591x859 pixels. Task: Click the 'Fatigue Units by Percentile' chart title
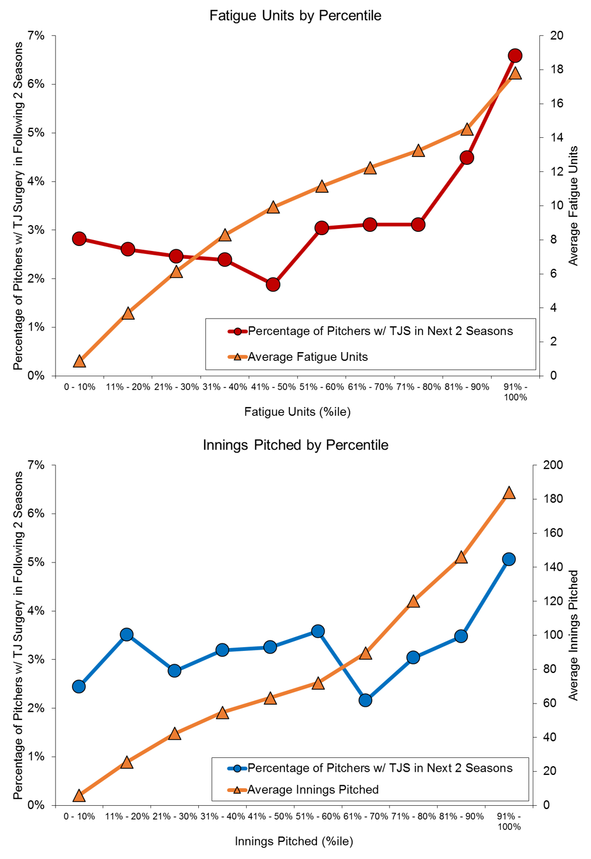tap(295, 15)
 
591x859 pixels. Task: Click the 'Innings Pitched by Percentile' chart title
tap(295, 445)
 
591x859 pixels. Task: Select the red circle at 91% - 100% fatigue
tap(515, 55)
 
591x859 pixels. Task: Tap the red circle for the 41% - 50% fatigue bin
tap(273, 285)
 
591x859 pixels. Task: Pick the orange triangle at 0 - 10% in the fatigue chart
tap(79, 361)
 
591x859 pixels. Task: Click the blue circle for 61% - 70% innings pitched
tap(365, 700)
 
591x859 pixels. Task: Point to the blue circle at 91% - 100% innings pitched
tap(509, 559)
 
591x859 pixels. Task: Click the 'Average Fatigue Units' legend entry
tap(308, 357)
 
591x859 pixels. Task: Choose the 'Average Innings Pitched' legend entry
tap(313, 790)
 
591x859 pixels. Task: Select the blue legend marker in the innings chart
tap(237, 768)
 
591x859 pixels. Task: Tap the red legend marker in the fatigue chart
tap(238, 331)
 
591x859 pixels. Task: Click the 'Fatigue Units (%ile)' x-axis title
tap(297, 412)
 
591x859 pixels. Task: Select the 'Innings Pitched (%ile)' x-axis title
tap(294, 841)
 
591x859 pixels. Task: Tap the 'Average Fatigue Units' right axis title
tap(573, 205)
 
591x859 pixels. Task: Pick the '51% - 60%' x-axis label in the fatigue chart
tap(321, 387)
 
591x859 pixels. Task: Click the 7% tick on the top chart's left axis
tap(36, 36)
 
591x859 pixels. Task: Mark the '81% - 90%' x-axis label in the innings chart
tap(460, 816)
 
